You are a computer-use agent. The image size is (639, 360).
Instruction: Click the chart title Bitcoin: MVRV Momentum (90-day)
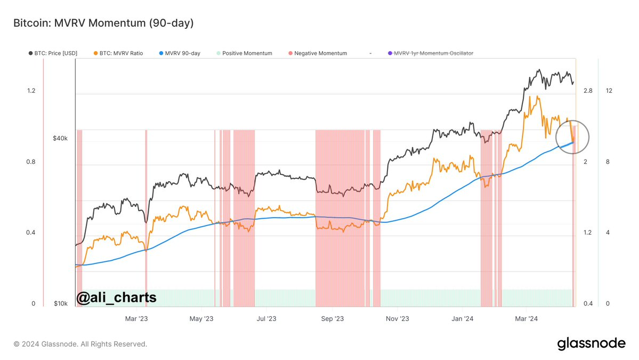103,23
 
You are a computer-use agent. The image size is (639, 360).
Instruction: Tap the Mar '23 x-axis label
136,319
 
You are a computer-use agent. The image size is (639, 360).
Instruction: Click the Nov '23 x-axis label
397,319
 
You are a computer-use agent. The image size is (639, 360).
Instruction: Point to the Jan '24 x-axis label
462,319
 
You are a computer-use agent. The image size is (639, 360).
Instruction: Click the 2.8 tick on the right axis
588,91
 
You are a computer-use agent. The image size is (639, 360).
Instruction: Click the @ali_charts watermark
117,297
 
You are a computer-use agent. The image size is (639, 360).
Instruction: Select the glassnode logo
591,343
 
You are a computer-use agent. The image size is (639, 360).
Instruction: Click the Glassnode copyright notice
80,344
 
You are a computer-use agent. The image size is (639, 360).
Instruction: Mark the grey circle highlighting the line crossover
572,137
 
